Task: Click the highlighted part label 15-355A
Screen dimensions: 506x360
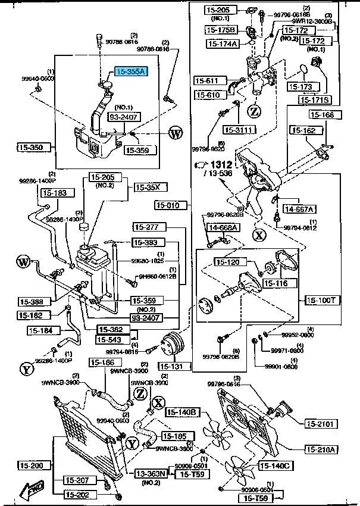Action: point(130,71)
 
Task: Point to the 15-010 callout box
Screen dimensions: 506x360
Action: point(168,206)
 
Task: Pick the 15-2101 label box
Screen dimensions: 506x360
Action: point(322,424)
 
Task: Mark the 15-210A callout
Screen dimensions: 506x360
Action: point(322,449)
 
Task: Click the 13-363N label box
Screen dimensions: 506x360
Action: point(150,474)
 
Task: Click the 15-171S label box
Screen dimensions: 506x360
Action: point(315,100)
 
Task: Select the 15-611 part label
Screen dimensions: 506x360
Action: point(206,80)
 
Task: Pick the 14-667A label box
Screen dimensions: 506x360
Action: point(299,208)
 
